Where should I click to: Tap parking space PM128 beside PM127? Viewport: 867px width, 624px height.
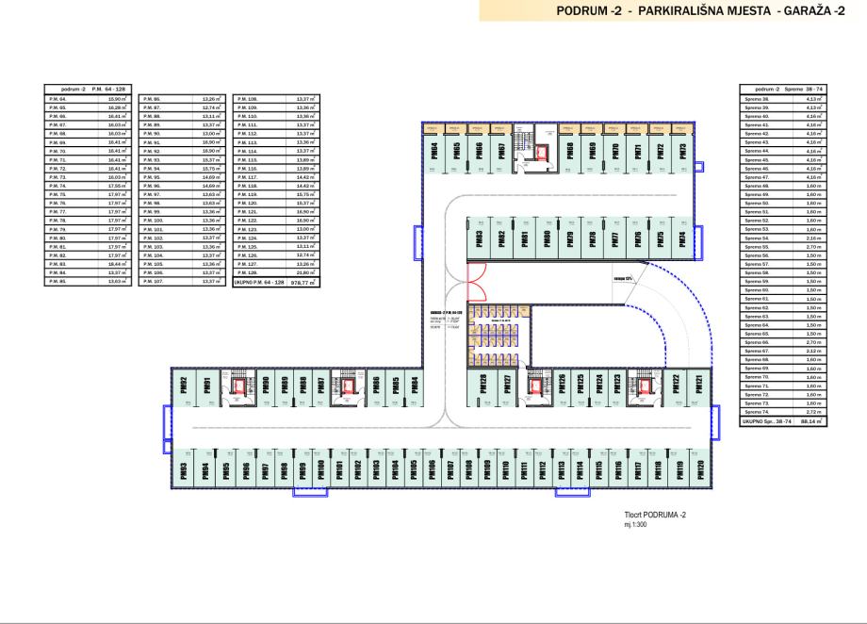[x=483, y=384]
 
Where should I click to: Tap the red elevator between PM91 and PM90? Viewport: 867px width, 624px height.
[x=238, y=385]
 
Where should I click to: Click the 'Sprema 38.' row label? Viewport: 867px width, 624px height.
[x=758, y=97]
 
